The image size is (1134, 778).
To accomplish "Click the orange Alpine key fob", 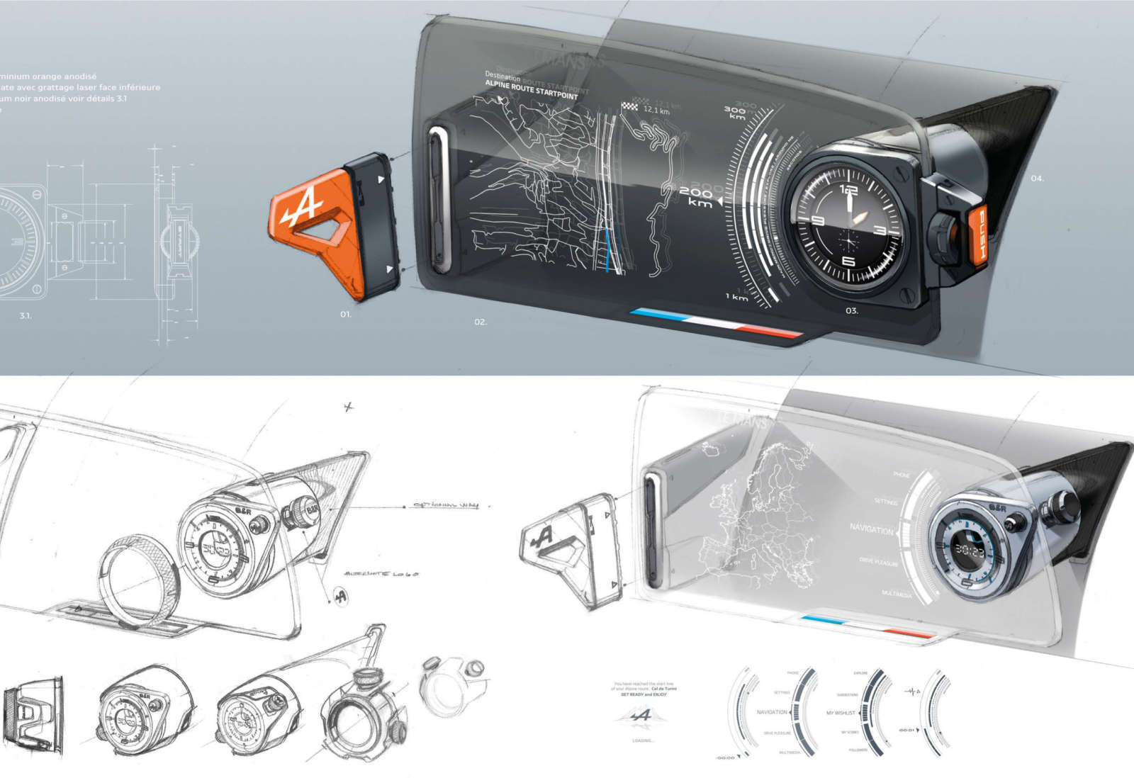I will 312,227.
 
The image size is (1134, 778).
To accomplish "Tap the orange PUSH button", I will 979,237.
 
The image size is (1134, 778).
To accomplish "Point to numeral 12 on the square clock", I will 848,190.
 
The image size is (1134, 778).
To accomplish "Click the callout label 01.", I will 346,314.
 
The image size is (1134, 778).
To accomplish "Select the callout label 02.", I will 481,322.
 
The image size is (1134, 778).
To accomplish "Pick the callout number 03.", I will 851,310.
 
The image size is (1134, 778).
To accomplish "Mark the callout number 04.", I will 1037,179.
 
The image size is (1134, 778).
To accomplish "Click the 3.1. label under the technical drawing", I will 26,315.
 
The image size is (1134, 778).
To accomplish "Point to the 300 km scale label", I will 735,113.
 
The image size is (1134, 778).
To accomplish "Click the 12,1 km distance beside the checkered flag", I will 656,111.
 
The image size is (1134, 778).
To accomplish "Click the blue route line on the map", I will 607,252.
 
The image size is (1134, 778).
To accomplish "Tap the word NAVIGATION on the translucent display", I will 871,529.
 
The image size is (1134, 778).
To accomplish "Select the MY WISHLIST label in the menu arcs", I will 841,712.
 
